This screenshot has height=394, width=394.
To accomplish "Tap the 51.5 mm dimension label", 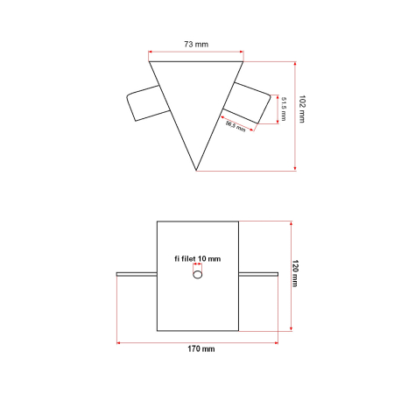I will point(285,109).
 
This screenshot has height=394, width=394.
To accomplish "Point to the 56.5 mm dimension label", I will point(236,126).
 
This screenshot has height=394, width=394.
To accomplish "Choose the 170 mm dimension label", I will point(201,348).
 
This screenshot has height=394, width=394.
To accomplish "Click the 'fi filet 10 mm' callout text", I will point(197,258).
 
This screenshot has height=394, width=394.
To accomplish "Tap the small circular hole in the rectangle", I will point(198,274).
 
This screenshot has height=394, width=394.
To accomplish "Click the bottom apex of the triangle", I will point(197,170).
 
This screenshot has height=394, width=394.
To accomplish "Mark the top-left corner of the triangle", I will point(150,62).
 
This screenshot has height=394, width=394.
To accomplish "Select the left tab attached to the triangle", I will point(145,104).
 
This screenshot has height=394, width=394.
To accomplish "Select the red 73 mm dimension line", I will point(197,53).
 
